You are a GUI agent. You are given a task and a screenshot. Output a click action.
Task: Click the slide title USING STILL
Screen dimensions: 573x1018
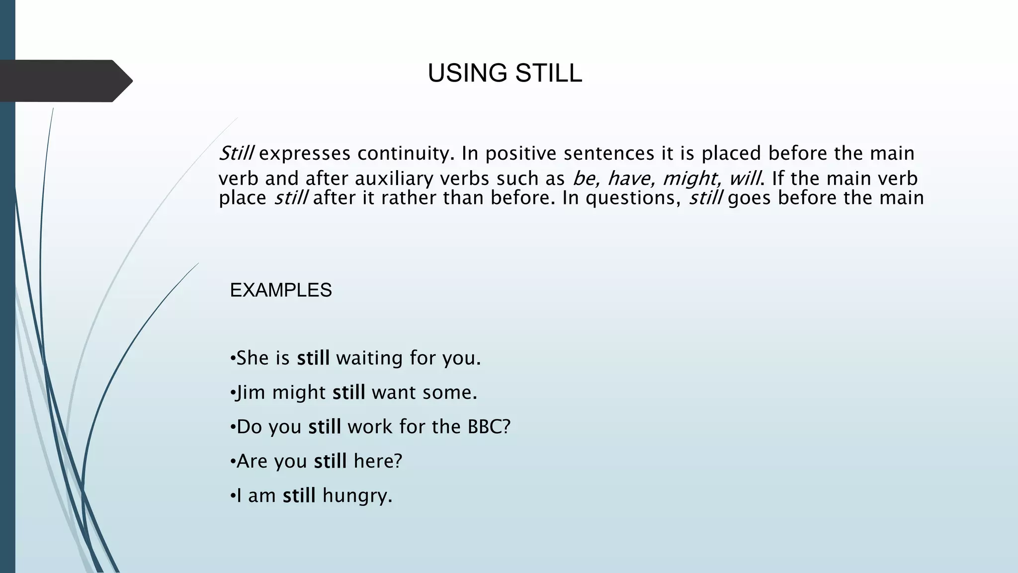tap(505, 74)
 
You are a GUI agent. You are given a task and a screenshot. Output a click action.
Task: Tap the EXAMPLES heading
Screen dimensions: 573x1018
tap(281, 290)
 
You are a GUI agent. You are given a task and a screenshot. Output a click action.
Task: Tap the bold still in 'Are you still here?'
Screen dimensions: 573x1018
tap(330, 461)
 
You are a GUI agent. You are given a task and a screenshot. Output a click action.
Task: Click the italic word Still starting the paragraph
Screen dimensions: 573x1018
tap(237, 153)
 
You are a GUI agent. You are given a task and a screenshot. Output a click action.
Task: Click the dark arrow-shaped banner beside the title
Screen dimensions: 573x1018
tap(65, 81)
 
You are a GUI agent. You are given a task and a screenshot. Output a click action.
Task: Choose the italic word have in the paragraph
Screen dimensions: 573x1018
tap(630, 179)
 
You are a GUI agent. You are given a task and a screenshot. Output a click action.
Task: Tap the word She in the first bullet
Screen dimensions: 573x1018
tap(252, 358)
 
